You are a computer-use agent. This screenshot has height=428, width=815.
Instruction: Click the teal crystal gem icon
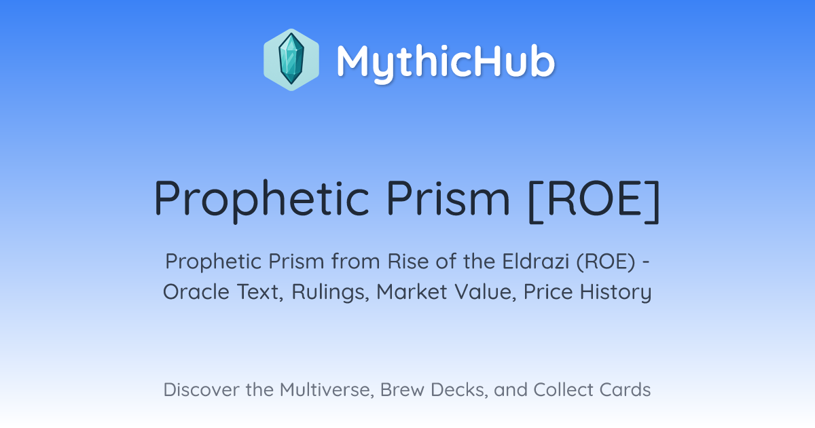tap(291, 59)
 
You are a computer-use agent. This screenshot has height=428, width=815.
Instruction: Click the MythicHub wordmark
tap(446, 62)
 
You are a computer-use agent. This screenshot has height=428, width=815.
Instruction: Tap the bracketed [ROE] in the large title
tap(594, 200)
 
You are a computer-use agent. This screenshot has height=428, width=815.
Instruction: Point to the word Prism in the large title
tap(448, 198)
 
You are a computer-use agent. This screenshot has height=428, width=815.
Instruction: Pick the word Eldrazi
tap(536, 261)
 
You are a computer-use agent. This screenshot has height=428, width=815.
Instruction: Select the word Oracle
tap(196, 291)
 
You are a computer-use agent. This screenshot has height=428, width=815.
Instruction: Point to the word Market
tap(412, 291)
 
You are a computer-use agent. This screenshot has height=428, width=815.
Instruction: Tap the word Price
tap(548, 291)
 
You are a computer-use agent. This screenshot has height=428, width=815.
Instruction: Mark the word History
tap(615, 292)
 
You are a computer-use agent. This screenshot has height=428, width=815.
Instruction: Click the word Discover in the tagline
tap(202, 389)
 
